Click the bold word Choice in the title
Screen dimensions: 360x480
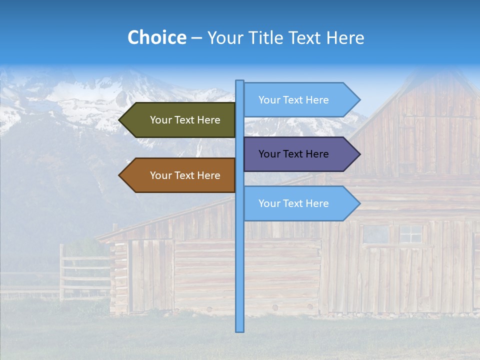point(157,37)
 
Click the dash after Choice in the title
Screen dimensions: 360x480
point(196,38)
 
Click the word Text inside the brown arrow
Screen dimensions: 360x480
point(186,175)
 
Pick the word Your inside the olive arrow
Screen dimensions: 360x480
point(161,120)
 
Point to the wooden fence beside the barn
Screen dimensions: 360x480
point(82,272)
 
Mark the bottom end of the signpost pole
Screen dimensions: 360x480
point(240,330)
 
